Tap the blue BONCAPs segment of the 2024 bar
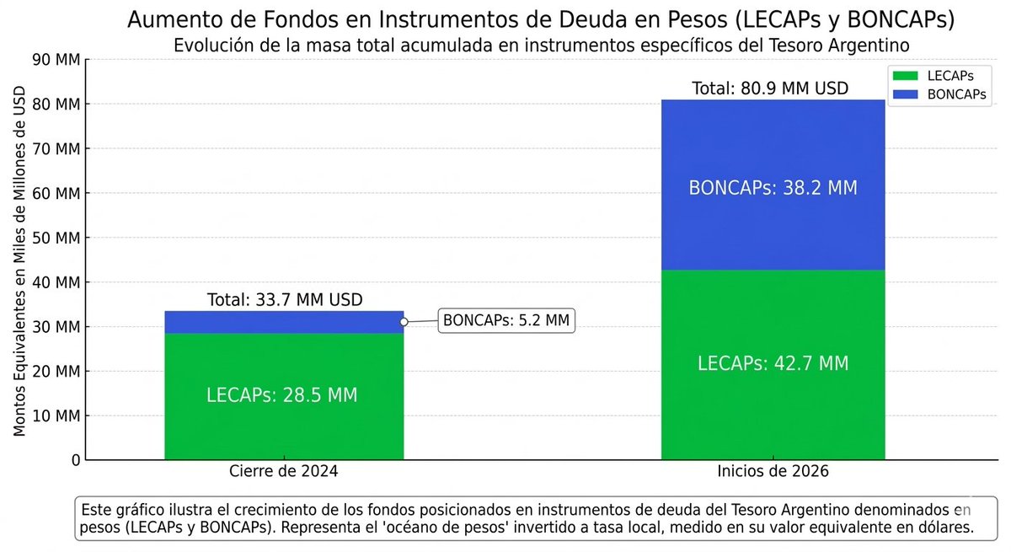pyautogui.click(x=283, y=322)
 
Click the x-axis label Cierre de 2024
pyautogui.click(x=284, y=472)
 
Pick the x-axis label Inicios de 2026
pyautogui.click(x=773, y=472)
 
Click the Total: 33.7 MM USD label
pyautogui.click(x=285, y=299)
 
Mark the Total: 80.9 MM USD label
pyautogui.click(x=770, y=88)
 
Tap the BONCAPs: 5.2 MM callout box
pyautogui.click(x=506, y=321)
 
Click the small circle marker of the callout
pyautogui.click(x=404, y=322)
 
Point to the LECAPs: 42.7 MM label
pyautogui.click(x=773, y=364)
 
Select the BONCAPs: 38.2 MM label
pyautogui.click(x=773, y=188)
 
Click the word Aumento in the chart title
pyautogui.click(x=168, y=19)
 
